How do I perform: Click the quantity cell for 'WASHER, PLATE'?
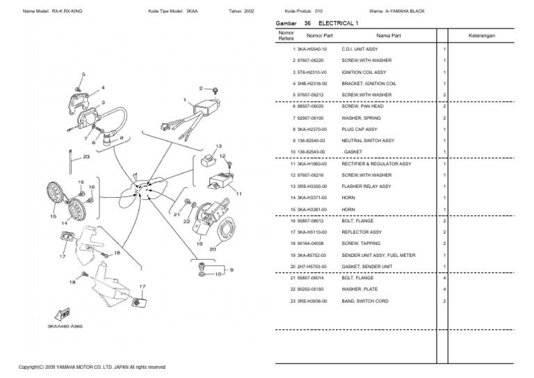[444, 289]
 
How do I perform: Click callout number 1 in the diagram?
[184, 100]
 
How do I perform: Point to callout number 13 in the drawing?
[218, 147]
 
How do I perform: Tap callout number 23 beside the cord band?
[86, 157]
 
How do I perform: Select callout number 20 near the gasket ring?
[212, 249]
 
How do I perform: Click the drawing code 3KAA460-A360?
[65, 326]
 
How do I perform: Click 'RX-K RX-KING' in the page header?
[70, 11]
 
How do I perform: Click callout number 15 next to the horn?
[53, 216]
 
